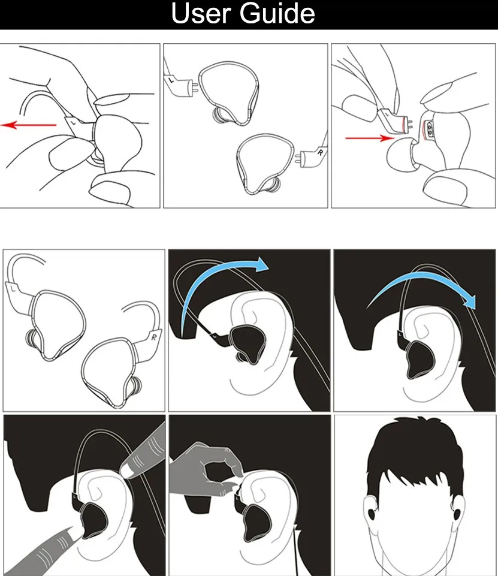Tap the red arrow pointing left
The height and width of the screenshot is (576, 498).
tap(30, 125)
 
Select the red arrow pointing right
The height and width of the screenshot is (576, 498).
tap(367, 138)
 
